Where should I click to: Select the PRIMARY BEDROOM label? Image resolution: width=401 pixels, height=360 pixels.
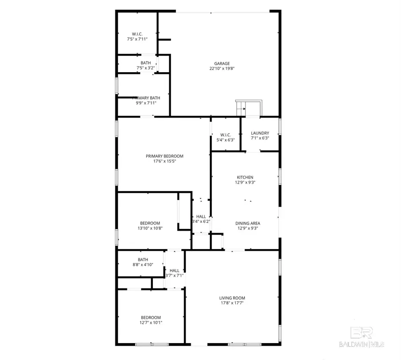[164, 156]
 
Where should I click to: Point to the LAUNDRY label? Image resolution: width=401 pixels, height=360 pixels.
[260, 133]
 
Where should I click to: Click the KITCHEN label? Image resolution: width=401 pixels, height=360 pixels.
[245, 177]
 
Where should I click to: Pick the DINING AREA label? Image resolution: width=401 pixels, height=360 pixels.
[248, 223]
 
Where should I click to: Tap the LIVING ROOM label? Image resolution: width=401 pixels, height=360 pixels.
[232, 298]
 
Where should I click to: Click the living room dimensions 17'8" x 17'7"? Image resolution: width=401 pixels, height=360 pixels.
[232, 303]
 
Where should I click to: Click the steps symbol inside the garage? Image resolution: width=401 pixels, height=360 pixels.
[244, 108]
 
